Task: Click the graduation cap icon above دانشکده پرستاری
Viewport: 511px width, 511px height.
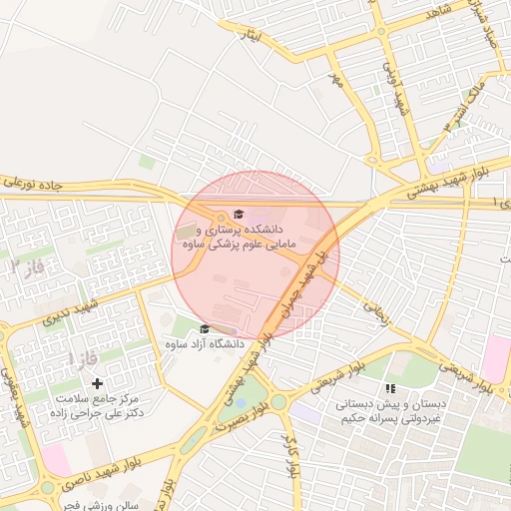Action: (238, 215)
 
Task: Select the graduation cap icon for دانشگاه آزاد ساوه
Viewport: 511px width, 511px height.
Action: (205, 329)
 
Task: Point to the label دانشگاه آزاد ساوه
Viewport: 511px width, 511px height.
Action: (205, 343)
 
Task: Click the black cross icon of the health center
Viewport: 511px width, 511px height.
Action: (97, 383)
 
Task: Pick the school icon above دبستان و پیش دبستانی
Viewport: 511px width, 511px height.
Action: (390, 387)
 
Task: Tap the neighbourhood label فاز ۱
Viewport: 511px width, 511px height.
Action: (72, 357)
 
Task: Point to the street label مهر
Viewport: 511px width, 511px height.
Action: (336, 78)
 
